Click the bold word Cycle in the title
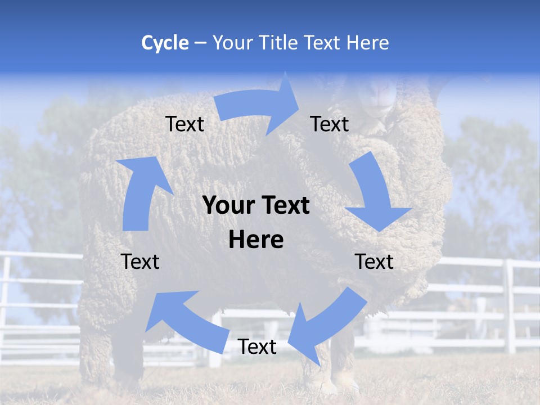point(165,43)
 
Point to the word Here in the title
point(367,43)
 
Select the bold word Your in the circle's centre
point(227,205)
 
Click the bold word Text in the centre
point(284,205)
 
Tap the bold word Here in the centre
point(256,240)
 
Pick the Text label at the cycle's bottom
point(257,346)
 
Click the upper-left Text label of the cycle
point(184,124)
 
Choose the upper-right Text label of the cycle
point(330,124)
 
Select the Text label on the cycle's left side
point(140,262)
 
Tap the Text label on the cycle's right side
point(374,262)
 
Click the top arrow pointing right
point(259,105)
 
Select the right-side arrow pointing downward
point(374,191)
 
